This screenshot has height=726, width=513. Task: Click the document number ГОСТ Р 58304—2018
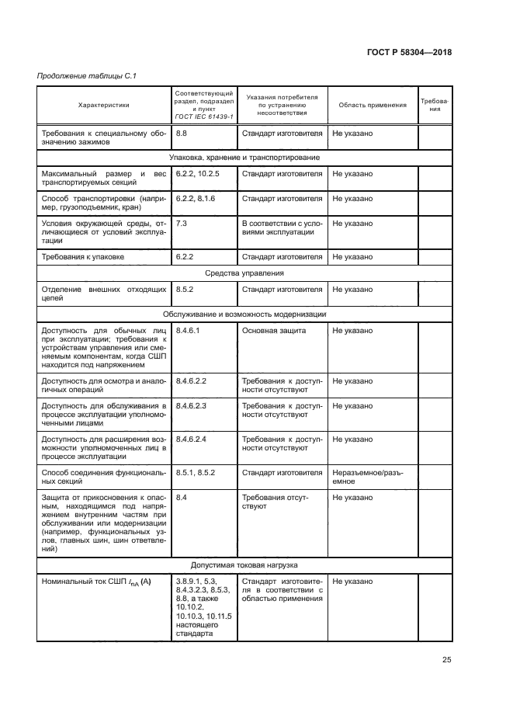click(409, 53)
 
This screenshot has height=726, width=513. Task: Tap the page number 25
click(446, 660)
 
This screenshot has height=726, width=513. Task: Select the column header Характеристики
click(104, 105)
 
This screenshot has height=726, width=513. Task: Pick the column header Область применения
click(372, 105)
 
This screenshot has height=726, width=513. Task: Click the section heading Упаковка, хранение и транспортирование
click(244, 158)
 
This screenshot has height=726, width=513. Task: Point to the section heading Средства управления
click(244, 273)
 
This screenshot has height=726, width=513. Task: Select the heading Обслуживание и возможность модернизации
click(244, 314)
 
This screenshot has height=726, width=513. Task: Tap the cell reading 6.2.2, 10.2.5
click(199, 173)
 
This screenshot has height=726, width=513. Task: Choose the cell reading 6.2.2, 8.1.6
click(196, 198)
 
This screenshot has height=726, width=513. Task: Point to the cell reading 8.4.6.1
click(189, 331)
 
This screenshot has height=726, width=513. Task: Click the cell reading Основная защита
click(274, 331)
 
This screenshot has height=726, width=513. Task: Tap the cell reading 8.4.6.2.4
click(192, 439)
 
